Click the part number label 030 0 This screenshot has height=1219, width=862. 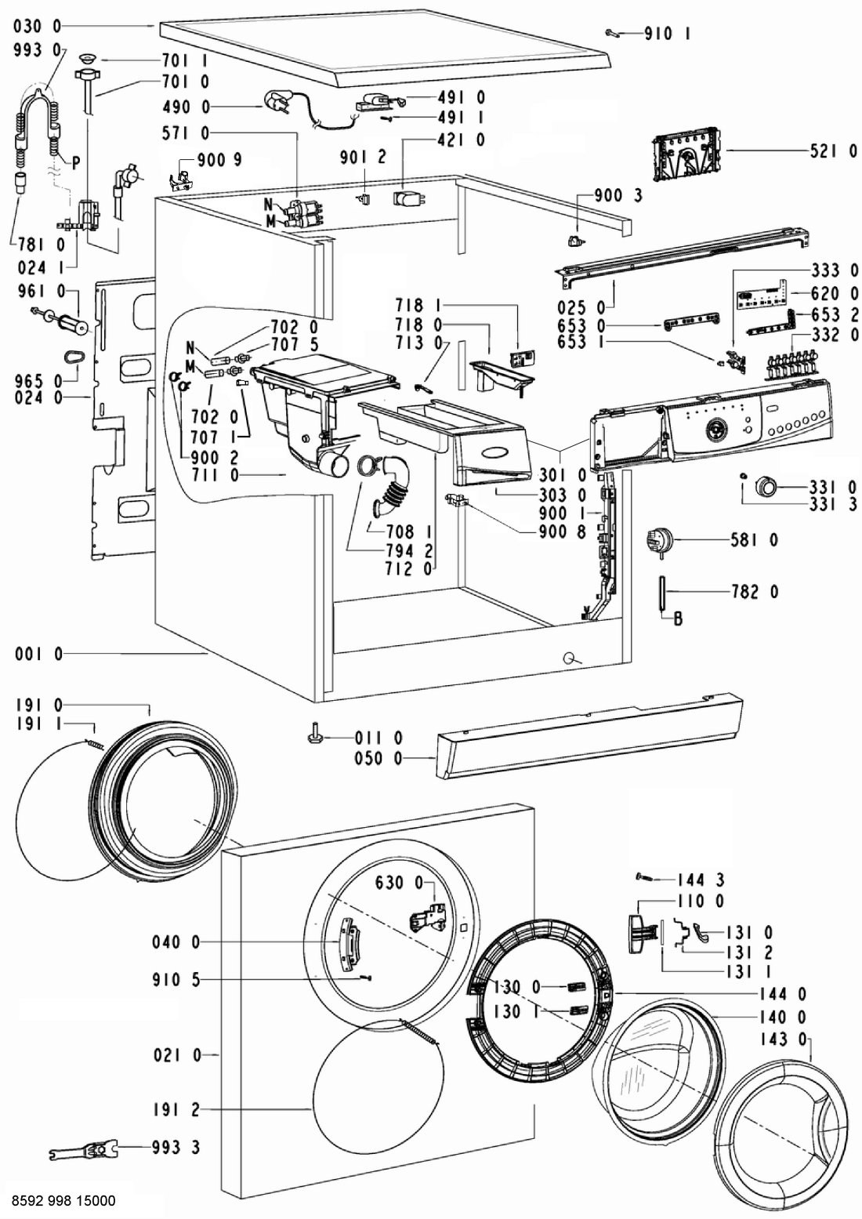pos(38,26)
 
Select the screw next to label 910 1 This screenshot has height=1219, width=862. pos(612,34)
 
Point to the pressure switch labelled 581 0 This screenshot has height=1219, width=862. pos(657,541)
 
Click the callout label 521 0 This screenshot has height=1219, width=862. pos(834,151)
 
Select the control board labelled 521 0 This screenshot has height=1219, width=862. pos(686,154)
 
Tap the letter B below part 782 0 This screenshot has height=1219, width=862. pos(678,619)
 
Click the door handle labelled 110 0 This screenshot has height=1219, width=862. pos(642,934)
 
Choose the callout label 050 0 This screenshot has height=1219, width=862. pos(378,758)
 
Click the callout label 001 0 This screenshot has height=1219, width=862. pos(38,654)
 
